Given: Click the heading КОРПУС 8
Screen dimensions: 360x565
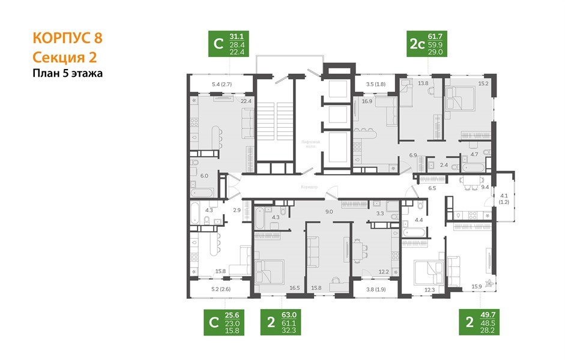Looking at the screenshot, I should [67, 38].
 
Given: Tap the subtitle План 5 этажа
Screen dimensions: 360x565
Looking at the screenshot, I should [67, 74].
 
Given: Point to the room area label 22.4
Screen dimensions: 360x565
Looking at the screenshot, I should [245, 101].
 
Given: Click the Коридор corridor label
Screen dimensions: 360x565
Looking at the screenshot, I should [309, 187].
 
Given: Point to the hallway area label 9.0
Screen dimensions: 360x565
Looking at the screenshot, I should [329, 211].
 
